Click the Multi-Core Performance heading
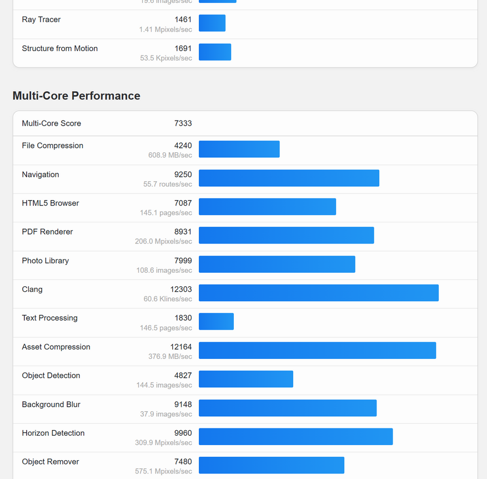point(76,96)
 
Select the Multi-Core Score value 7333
point(183,123)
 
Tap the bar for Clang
point(318,293)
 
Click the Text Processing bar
point(216,322)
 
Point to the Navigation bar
point(289,178)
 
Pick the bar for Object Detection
point(245,379)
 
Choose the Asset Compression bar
point(317,350)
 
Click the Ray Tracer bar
point(212,23)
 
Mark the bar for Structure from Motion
point(215,52)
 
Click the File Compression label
point(52,146)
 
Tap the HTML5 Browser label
point(51,203)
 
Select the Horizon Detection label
point(53,433)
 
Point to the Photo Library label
point(46,261)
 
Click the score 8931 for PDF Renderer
point(183,232)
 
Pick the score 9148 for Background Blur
point(183,404)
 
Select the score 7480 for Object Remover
point(183,462)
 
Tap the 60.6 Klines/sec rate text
point(168,299)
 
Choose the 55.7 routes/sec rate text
point(168,184)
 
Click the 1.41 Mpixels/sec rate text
point(165,29)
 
